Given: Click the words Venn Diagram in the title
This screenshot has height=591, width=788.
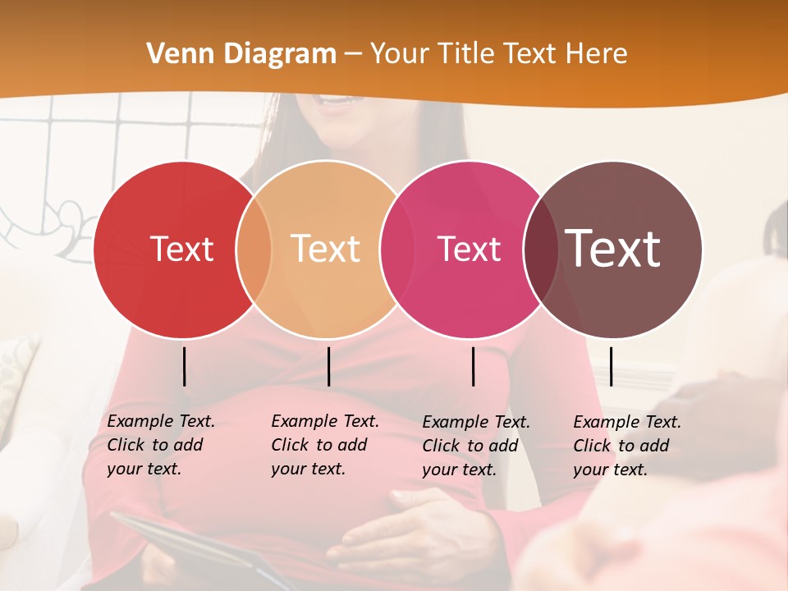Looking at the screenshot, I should coord(241,54).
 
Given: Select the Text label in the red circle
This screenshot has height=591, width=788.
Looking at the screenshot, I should coord(181,249).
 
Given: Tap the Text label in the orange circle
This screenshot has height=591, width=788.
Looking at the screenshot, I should coord(326,249).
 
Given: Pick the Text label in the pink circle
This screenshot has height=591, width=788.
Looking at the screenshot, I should coord(469,249).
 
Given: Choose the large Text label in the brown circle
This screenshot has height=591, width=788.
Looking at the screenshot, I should coord(613,248).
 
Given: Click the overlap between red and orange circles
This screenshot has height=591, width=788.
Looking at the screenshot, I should coord(254,250).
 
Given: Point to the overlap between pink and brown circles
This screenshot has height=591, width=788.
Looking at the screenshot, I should coord(541,250).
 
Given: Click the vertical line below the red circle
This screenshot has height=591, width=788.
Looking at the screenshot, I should coord(184,366).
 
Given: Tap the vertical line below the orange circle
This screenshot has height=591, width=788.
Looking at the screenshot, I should coord(328,366).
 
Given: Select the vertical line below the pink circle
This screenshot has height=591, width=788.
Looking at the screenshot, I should coord(473,366).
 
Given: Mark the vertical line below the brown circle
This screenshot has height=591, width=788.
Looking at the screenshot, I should coord(611,366).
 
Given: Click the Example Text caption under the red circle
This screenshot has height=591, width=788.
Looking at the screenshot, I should coord(160,445).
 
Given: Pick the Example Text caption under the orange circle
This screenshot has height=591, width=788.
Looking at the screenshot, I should coord(324,445).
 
